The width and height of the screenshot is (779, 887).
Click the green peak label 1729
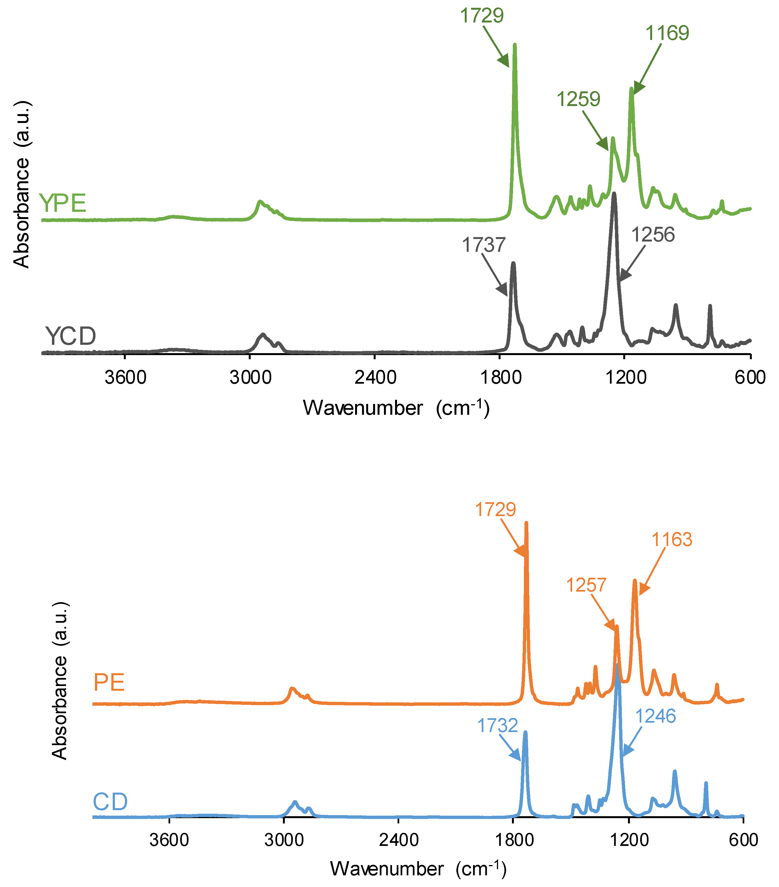(x=482, y=16)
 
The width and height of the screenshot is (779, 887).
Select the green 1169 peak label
(x=667, y=33)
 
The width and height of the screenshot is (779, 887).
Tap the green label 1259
(x=579, y=99)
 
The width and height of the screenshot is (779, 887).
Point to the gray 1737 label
(x=483, y=245)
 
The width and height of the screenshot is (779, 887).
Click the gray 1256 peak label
(x=653, y=235)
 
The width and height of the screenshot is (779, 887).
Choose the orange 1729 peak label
(x=495, y=509)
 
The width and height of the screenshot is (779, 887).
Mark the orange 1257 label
(x=586, y=586)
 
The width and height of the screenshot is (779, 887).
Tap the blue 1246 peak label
(x=655, y=716)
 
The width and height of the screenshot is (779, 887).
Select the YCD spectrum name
(x=70, y=336)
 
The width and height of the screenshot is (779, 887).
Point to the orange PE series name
(x=109, y=683)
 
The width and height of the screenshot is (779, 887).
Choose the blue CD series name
(x=110, y=802)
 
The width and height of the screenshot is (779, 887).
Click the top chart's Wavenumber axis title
(x=396, y=408)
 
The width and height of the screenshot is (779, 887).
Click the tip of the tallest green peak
(x=515, y=44)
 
